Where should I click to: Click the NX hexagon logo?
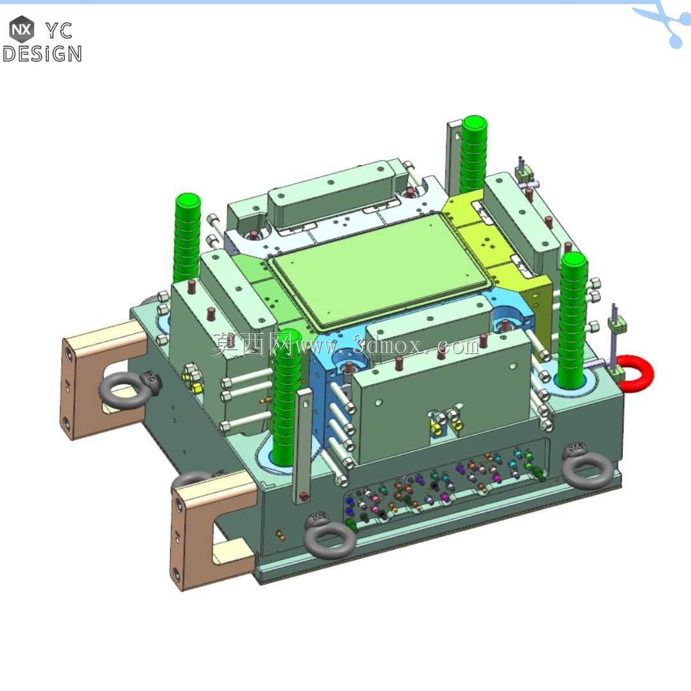tap(22, 30)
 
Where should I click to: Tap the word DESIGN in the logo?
tap(42, 54)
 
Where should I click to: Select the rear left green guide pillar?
tap(188, 238)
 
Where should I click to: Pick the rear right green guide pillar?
tap(474, 154)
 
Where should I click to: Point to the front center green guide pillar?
tap(286, 397)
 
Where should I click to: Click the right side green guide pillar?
tap(573, 317)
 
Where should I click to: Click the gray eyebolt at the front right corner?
tap(586, 466)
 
